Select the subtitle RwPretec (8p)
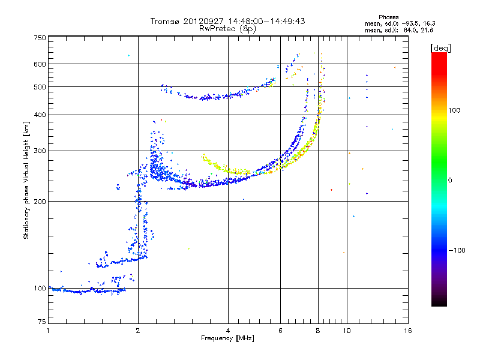(x=227, y=29)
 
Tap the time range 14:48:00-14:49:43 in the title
(x=266, y=22)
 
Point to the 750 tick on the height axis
(x=40, y=38)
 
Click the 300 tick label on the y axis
(x=40, y=151)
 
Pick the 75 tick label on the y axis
(x=42, y=322)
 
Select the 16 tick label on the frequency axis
(x=408, y=331)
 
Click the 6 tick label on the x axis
(x=280, y=331)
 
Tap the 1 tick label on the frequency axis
(x=48, y=331)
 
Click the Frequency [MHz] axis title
(x=227, y=338)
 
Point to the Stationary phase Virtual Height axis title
(x=26, y=180)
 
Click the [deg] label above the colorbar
(x=440, y=48)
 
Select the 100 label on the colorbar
(x=454, y=110)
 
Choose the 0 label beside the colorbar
(x=450, y=181)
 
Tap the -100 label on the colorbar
(x=457, y=250)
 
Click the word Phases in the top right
(x=388, y=17)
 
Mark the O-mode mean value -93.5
(x=410, y=23)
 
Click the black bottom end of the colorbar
(x=439, y=303)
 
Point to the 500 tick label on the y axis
(x=40, y=87)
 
